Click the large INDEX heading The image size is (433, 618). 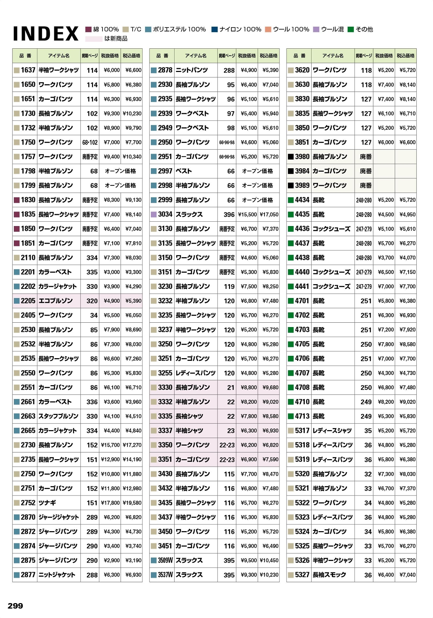(x=46, y=34)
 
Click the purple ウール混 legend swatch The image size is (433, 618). (x=316, y=29)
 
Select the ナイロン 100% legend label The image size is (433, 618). (x=240, y=29)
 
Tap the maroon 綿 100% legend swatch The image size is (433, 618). (x=89, y=29)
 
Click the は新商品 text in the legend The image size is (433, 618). (x=116, y=39)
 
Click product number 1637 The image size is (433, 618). (x=28, y=70)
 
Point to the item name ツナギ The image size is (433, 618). (x=47, y=503)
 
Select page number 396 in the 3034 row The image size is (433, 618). (x=229, y=215)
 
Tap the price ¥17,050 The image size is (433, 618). (x=269, y=215)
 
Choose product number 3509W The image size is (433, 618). (x=165, y=560)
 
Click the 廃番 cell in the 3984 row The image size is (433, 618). (x=366, y=171)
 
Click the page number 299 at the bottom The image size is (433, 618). (x=15, y=606)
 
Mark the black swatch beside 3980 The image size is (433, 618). (x=291, y=157)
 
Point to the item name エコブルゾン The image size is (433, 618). (x=55, y=301)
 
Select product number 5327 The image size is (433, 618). (x=302, y=575)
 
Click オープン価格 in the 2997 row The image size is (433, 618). (x=257, y=171)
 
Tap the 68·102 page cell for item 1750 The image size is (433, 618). (x=90, y=142)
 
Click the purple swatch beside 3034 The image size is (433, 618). (x=154, y=214)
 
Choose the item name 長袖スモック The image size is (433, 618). (x=329, y=575)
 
